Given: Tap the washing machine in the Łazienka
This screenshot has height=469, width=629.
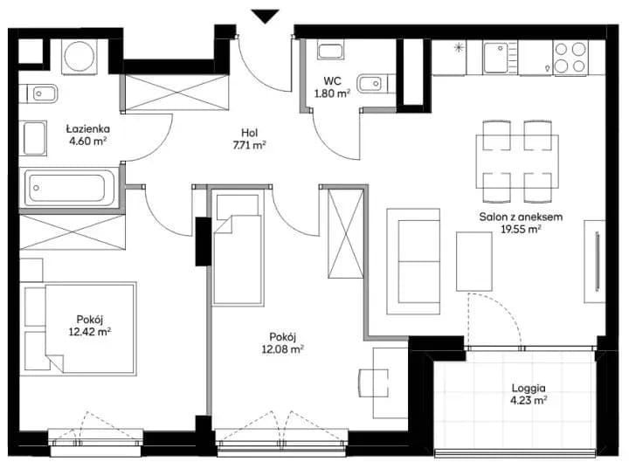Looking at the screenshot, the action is tap(79, 56).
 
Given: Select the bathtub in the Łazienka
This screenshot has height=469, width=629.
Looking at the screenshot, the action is tap(69, 188).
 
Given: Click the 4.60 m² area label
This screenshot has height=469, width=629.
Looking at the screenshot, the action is tap(88, 141).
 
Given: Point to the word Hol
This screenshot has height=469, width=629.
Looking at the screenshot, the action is tap(249, 133).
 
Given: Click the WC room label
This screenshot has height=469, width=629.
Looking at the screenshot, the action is tap(332, 81).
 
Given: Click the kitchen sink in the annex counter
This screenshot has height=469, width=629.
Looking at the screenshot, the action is tap(500, 58).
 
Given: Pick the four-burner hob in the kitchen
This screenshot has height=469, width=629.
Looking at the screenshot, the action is tap(570, 58).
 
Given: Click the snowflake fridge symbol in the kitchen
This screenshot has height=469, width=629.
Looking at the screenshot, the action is tap(459, 48).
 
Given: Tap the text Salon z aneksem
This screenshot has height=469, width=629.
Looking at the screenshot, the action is tap(521, 217).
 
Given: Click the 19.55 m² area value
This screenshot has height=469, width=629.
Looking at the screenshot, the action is tap(521, 229).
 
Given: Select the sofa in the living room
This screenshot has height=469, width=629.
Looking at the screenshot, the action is tap(413, 261).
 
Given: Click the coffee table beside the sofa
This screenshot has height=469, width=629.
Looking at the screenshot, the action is tap(473, 261).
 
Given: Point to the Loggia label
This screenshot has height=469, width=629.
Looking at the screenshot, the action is tap(529, 388).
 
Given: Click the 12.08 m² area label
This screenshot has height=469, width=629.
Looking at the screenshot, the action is tap(282, 349).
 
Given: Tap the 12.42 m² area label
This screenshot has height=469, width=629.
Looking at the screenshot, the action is tap(90, 332).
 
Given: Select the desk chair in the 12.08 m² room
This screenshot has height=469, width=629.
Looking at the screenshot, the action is tap(373, 383).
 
